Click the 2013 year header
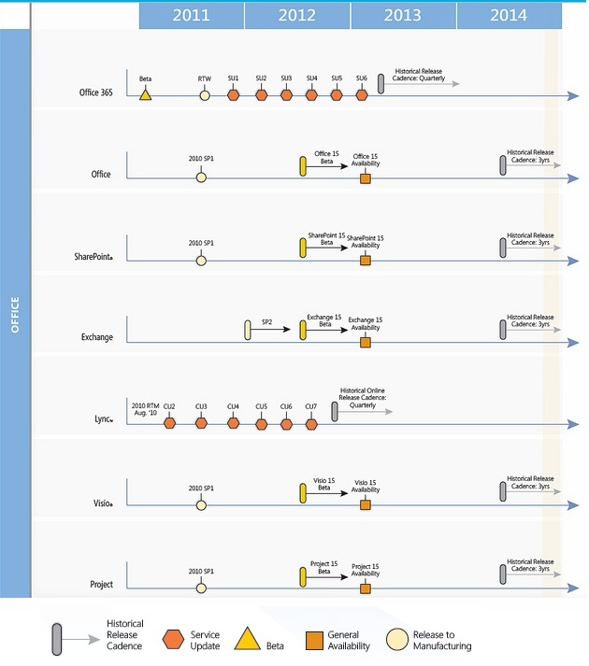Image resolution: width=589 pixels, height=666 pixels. pos(403,16)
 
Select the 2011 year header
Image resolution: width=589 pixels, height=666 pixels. pos(192,16)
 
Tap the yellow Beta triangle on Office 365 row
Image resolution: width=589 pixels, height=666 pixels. pos(146,94)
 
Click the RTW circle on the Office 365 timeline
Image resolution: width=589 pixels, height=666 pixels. pos(205,95)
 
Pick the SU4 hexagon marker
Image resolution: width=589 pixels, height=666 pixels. pos(311,95)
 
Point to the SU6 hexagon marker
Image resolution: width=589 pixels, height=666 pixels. pos(362,95)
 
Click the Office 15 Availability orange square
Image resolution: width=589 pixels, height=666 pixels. pos(366,178)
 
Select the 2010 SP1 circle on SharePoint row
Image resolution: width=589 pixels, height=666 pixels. pos(201,261)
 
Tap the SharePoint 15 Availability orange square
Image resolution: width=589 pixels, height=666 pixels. pos(366,261)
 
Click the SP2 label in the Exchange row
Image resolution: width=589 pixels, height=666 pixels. pos(266,322)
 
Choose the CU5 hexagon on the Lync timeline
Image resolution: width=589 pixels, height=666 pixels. pos(262,424)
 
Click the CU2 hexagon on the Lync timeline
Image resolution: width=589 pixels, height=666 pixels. pos(169,423)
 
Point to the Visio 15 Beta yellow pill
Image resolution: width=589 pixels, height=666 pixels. pos(303,493)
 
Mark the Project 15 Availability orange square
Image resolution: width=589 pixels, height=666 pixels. pos(366,588)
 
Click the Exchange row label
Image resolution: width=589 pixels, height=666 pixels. pos(97,337)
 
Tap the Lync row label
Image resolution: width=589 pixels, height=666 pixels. pos(104,419)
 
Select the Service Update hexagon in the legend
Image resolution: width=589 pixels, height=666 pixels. pos(173,639)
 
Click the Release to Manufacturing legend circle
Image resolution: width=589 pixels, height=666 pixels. pos(397,639)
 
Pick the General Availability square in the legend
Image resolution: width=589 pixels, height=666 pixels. pos(315,641)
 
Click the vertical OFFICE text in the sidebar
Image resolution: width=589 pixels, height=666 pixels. pos(15,315)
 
